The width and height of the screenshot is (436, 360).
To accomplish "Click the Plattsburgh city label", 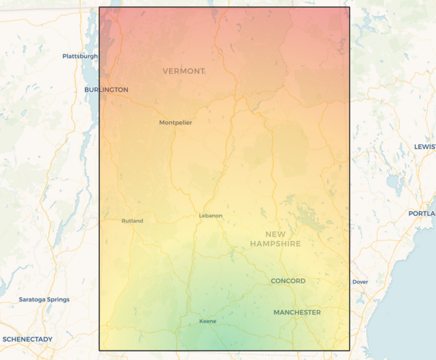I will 80,56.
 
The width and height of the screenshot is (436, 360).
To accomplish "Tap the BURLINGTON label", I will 106,89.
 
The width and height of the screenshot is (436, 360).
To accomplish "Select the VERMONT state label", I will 184,71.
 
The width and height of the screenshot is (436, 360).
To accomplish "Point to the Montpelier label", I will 175,123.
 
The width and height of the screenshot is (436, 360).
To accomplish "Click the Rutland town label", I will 132,221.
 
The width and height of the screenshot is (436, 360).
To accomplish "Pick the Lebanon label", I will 211,216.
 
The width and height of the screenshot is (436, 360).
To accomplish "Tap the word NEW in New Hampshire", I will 276,234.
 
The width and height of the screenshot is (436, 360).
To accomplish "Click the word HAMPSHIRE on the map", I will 276,243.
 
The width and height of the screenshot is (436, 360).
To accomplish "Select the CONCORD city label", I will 288,281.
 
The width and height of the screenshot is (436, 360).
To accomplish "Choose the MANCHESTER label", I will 297,312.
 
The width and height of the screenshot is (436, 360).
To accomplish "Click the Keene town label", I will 208,321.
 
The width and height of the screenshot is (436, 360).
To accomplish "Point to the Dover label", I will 360,282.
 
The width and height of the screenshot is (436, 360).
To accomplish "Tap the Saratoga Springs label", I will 44,299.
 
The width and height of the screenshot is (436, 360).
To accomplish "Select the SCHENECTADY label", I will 27,339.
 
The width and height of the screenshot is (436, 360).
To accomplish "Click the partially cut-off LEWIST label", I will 425,147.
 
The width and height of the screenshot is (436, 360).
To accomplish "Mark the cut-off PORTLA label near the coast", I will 422,213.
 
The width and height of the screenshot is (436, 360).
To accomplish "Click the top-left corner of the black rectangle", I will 99,7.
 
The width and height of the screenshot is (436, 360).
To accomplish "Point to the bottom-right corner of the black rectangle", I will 349,350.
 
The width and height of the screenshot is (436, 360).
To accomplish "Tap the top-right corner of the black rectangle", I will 349,7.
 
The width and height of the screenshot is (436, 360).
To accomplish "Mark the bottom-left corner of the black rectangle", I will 99,350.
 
